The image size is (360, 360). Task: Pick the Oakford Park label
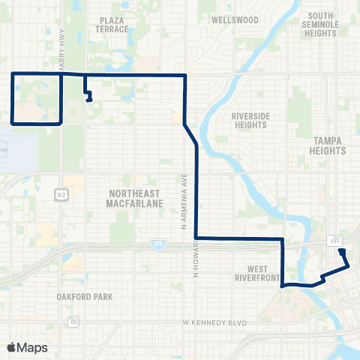pyautogui.click(x=84, y=296)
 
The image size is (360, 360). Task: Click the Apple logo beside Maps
pyautogui.click(x=11, y=347)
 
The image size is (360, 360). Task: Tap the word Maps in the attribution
pyautogui.click(x=32, y=347)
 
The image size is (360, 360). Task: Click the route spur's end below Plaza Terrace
pyautogui.click(x=90, y=100)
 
